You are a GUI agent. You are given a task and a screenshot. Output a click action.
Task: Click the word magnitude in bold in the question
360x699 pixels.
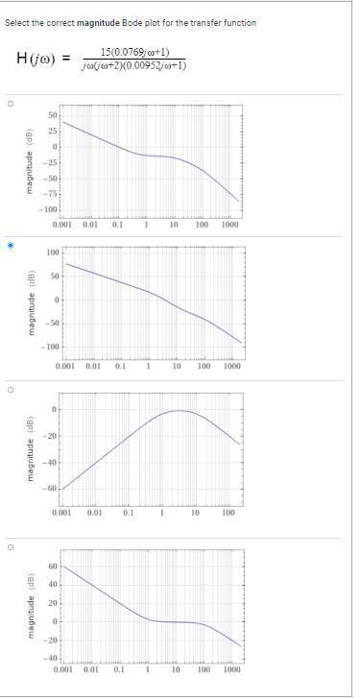click(97, 22)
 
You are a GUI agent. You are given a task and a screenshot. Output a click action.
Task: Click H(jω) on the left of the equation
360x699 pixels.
click(37, 59)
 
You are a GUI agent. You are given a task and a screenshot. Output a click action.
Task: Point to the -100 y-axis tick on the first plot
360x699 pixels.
click(49, 209)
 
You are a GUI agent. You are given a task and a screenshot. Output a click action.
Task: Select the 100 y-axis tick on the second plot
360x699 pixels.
click(54, 253)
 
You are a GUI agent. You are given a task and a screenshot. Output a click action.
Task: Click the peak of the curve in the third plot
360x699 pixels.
click(177, 410)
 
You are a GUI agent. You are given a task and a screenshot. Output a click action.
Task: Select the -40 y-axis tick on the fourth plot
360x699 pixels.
click(53, 659)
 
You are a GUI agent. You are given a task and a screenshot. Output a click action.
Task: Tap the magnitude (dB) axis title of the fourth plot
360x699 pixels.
click(31, 612)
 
